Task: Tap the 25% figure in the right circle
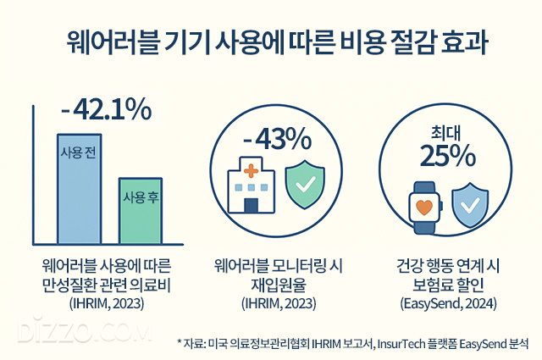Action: click(439, 157)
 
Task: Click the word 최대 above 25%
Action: click(439, 131)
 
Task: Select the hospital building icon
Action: click(251, 185)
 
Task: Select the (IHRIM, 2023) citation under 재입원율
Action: click(273, 302)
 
